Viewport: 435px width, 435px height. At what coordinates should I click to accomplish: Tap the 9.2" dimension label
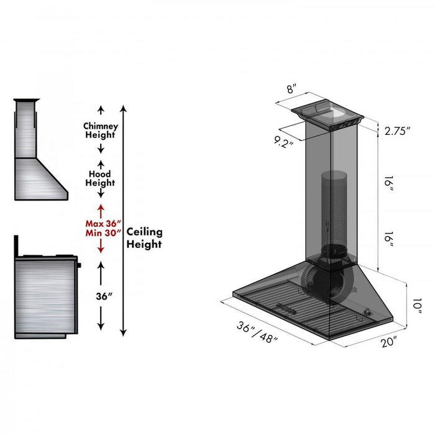tap(281, 142)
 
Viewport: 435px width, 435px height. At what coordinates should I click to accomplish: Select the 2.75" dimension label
tap(398, 131)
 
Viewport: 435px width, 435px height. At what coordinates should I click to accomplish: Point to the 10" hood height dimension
tap(416, 306)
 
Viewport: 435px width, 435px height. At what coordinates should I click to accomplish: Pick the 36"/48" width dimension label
tap(257, 333)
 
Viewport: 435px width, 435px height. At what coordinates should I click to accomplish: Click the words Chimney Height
tap(101, 130)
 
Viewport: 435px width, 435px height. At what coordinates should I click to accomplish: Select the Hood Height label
tap(101, 178)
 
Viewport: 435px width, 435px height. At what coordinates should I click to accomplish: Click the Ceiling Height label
tap(144, 237)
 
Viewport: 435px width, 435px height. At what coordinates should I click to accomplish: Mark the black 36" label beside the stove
tap(101, 296)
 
